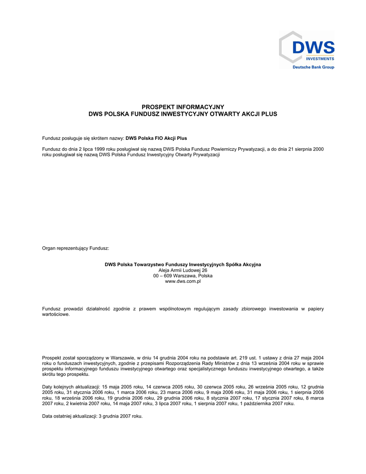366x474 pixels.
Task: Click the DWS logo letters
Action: (x=313, y=48)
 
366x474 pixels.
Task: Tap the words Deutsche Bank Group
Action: (x=313, y=67)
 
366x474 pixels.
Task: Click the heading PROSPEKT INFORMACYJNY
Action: (x=183, y=107)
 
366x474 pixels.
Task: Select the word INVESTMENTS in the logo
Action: (x=319, y=59)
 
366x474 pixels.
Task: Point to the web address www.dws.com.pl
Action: (x=183, y=281)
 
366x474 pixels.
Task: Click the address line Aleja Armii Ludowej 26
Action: (x=183, y=270)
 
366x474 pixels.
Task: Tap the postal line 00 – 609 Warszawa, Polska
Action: (x=183, y=276)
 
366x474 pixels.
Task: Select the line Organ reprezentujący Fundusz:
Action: (x=75, y=249)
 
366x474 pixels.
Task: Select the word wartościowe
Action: (x=56, y=314)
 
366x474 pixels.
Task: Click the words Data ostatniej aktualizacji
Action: (x=69, y=416)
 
